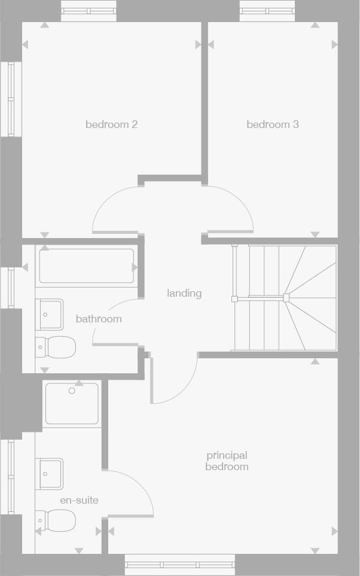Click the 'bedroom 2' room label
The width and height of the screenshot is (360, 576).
(x=111, y=124)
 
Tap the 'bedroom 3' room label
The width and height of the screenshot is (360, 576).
(x=273, y=124)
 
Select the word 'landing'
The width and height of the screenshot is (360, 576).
(x=184, y=293)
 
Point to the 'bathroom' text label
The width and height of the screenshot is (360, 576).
(x=99, y=319)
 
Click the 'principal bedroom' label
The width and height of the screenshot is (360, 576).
(x=227, y=461)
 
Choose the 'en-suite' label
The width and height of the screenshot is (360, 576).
(x=79, y=500)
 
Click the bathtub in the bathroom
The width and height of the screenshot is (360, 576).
(x=87, y=266)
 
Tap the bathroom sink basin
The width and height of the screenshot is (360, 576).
(x=49, y=314)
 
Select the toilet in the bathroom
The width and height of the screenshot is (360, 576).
(x=56, y=347)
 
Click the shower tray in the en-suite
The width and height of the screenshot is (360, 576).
(x=72, y=404)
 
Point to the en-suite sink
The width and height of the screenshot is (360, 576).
(x=49, y=474)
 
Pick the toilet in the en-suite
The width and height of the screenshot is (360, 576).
(x=56, y=520)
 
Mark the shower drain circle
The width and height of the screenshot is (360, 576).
(x=72, y=391)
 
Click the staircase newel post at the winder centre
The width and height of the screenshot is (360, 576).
(x=286, y=297)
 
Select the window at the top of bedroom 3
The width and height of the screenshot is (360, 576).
(x=267, y=10)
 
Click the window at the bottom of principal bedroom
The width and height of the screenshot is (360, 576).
(x=180, y=565)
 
